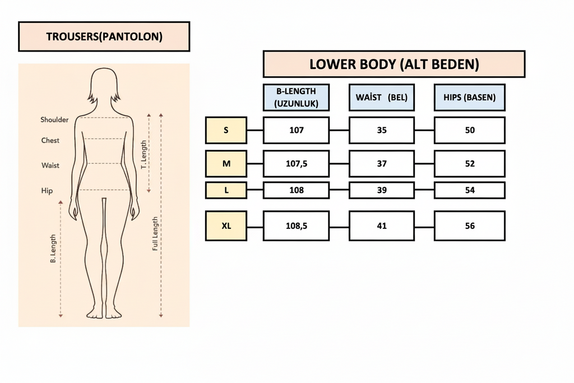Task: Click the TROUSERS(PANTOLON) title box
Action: click(104, 37)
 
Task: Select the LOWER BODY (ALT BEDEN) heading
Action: click(394, 64)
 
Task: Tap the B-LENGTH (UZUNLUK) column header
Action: click(296, 97)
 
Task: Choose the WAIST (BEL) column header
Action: click(382, 97)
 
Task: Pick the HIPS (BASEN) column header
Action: click(470, 97)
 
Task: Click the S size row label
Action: click(226, 130)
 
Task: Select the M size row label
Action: click(226, 164)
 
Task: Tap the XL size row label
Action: click(226, 226)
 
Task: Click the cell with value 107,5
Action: click(296, 164)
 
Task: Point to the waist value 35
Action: click(382, 130)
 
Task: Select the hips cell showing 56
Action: click(470, 226)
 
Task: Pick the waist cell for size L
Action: click(382, 190)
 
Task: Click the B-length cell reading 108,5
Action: click(296, 226)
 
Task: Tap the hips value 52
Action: click(470, 164)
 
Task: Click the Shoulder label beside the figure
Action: click(54, 119)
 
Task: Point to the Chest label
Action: click(50, 140)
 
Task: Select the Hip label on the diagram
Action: click(47, 191)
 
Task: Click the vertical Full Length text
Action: click(155, 233)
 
